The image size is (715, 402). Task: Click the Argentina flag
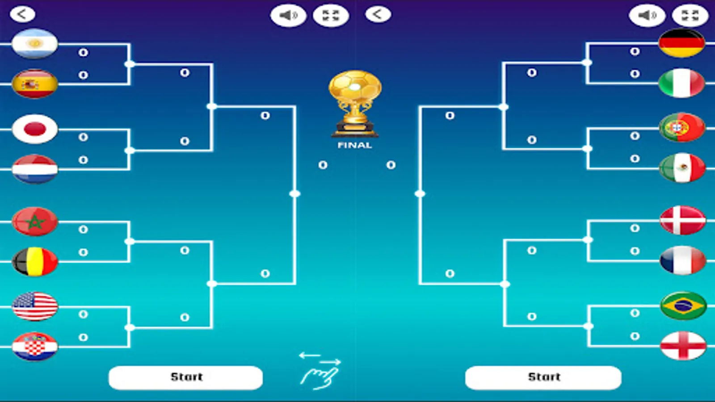pos(35,43)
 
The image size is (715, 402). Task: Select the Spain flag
pos(35,84)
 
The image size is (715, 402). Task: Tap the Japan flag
pos(35,129)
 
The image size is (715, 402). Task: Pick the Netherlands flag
pos(35,169)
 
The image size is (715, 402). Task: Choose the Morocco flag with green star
pos(35,222)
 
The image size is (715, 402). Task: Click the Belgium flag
pos(35,262)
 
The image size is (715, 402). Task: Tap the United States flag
pos(35,306)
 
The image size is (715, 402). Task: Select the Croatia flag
pos(35,347)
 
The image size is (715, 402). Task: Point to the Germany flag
pos(681,43)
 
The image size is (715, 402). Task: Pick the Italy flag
pos(681,83)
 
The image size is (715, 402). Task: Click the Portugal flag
pos(682,128)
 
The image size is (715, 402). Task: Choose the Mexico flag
pos(682,168)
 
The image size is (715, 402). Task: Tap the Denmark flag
pos(682,220)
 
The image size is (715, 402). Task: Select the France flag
pos(682,260)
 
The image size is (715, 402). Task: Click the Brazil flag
pos(683,306)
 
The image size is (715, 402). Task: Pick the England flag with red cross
pos(683,346)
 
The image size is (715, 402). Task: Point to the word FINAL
pos(355,145)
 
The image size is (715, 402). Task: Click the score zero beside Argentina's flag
pos(83,52)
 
